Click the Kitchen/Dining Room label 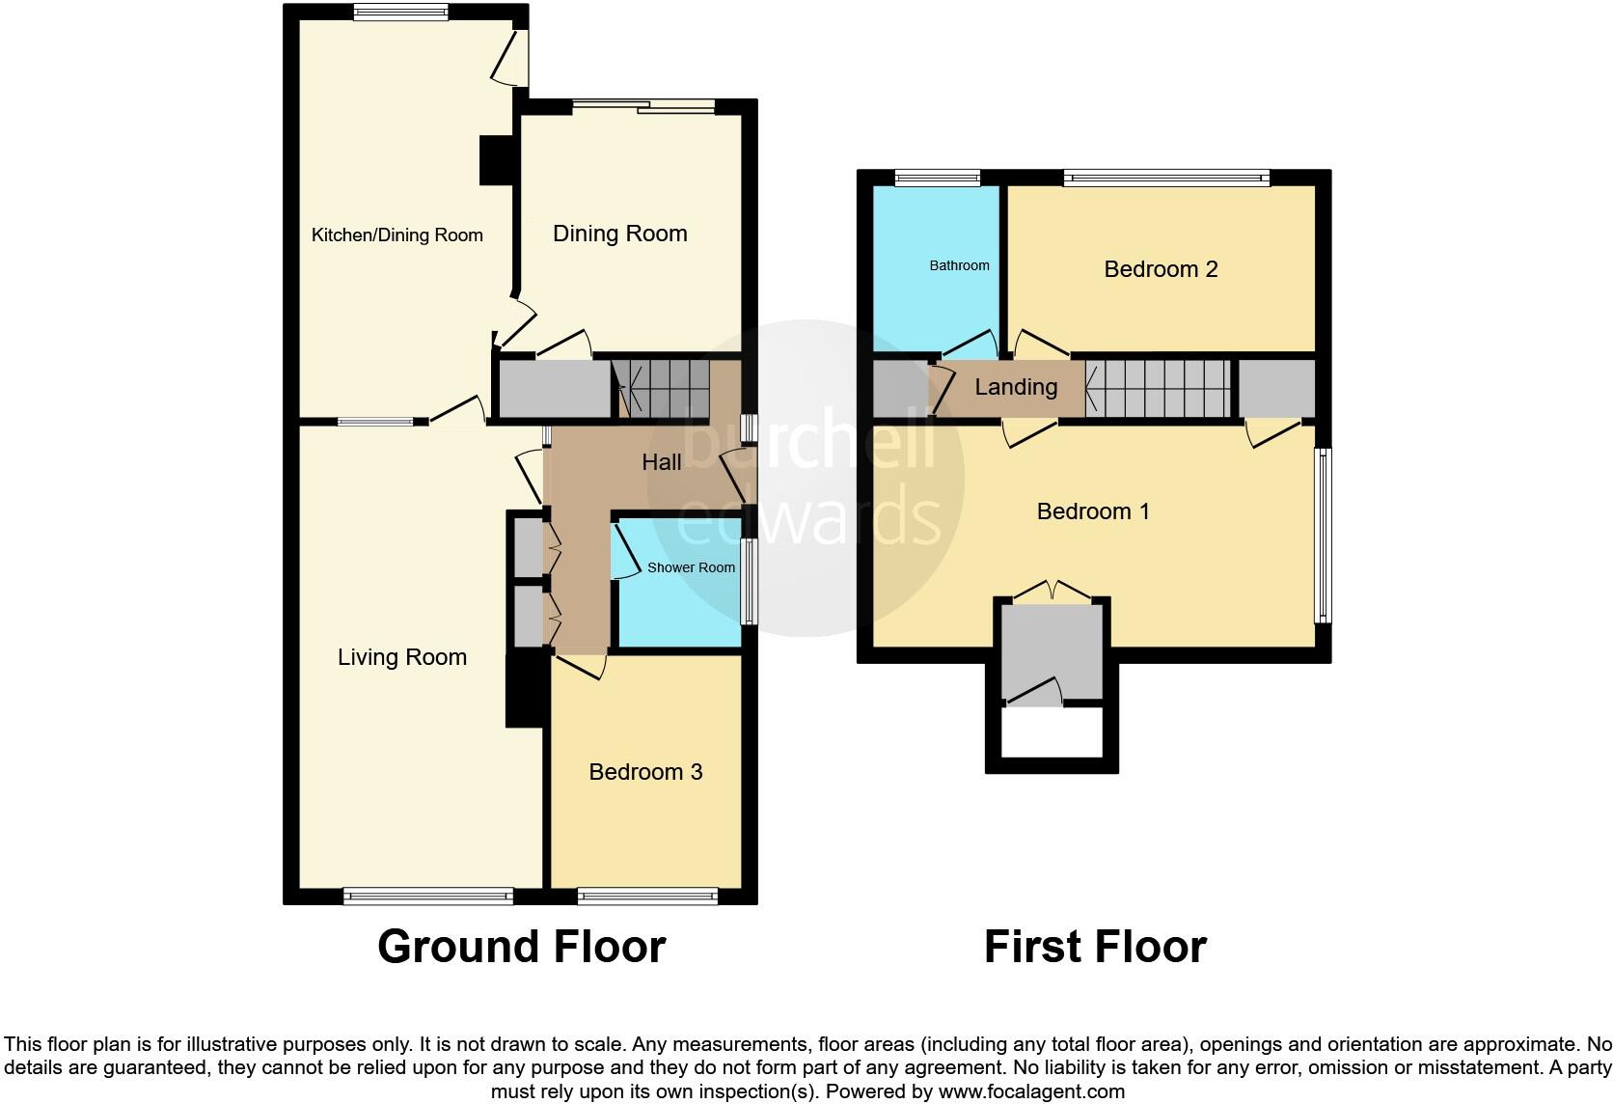396,235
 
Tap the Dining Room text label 619,234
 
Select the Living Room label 401,657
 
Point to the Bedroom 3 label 645,772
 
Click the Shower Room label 691,567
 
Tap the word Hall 662,462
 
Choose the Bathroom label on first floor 959,265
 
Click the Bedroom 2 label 1161,269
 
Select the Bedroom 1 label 1093,511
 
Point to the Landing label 1016,387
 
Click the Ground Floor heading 521,947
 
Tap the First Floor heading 1095,947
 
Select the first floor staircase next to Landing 1159,388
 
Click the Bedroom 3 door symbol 579,665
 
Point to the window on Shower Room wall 749,581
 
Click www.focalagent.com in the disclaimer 1031,1092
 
